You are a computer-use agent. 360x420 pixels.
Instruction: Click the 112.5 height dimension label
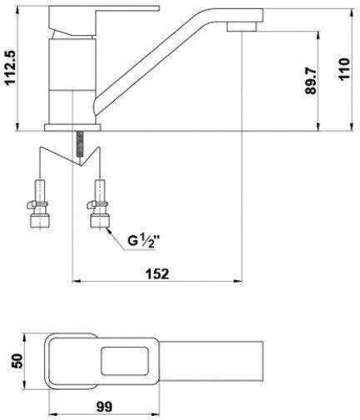click(x=12, y=68)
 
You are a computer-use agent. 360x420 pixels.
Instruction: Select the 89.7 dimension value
click(x=311, y=81)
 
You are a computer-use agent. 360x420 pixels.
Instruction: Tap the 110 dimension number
click(x=344, y=69)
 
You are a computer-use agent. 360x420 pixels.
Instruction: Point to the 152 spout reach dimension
click(x=157, y=274)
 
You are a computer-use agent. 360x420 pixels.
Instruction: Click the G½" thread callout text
click(x=144, y=240)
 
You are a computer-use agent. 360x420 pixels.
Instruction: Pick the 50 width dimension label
click(x=17, y=361)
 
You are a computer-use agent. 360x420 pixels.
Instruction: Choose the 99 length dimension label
click(x=104, y=407)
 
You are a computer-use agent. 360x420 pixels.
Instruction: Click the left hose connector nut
click(x=39, y=221)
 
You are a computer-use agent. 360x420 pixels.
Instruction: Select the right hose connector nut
click(x=100, y=221)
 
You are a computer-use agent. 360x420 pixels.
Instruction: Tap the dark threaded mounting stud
click(x=81, y=144)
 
